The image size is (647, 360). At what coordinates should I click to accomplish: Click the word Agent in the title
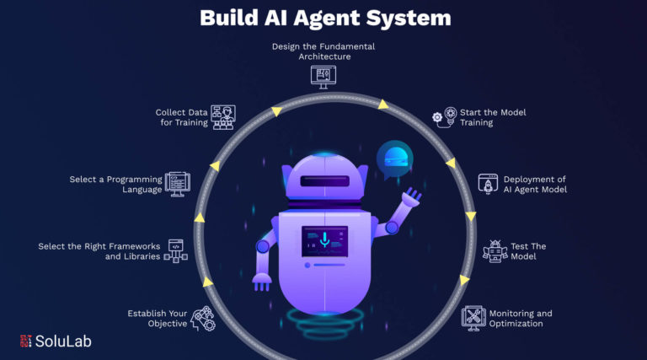[x=326, y=19]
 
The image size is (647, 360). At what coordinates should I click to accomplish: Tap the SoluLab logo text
[x=63, y=341]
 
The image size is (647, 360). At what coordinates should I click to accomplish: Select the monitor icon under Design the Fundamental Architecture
[x=323, y=77]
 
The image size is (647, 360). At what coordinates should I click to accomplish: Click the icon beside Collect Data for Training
[x=223, y=117]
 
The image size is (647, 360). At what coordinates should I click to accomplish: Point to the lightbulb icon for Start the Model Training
[x=445, y=117]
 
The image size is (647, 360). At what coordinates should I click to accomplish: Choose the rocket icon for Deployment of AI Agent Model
[x=488, y=184]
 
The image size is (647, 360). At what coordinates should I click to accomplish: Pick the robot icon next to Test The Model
[x=495, y=251]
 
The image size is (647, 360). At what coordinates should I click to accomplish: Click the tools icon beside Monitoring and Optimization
[x=473, y=319]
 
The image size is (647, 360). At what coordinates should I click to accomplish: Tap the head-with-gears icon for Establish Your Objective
[x=203, y=319]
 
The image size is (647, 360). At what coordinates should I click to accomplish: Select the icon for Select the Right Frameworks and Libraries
[x=176, y=251]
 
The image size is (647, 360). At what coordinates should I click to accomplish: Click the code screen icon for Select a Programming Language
[x=178, y=184]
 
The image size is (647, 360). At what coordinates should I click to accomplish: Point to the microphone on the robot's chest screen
[x=324, y=239]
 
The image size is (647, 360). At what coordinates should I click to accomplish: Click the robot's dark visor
[x=324, y=180]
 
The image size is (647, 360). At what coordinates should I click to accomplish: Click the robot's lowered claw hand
[x=262, y=282]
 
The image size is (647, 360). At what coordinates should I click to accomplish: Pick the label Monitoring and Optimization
[x=521, y=319]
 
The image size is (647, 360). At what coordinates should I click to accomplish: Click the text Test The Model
[x=528, y=251]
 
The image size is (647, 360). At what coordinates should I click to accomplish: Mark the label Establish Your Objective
[x=158, y=319]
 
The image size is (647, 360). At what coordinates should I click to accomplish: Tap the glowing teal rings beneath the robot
[x=325, y=322]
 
